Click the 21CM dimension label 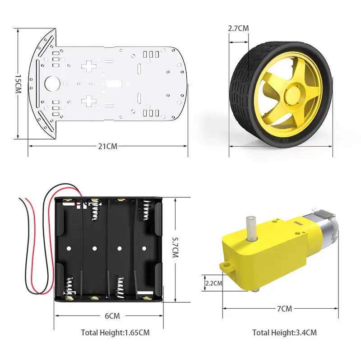[x=108, y=146]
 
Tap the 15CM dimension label [x=18, y=84]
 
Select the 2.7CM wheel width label [x=238, y=28]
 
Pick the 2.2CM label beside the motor [x=214, y=283]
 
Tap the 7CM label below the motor [x=284, y=309]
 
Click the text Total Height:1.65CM [x=115, y=333]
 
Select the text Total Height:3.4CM [x=284, y=333]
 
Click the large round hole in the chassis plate [x=52, y=84]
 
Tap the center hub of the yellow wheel [x=292, y=95]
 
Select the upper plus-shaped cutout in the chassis [x=89, y=66]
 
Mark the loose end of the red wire [x=20, y=199]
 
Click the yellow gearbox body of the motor [x=271, y=253]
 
